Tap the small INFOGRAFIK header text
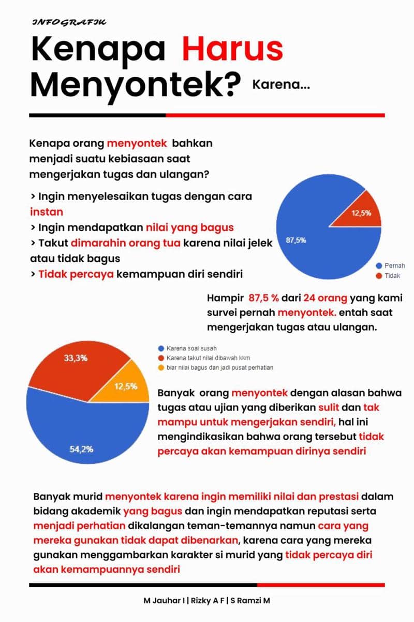coord(69,23)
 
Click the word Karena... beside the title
coord(281,84)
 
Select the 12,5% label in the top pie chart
coord(361,213)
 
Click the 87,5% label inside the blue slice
coord(296,240)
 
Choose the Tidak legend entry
coord(392,276)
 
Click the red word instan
coord(46,212)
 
